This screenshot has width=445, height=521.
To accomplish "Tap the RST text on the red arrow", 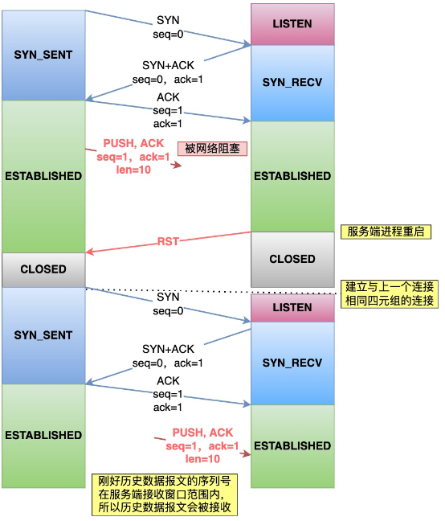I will (x=169, y=240).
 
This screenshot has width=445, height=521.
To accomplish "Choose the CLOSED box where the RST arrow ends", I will (x=43, y=269).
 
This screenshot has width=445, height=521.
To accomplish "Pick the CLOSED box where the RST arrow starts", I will (x=292, y=259).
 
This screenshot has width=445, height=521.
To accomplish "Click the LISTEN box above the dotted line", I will (x=292, y=24).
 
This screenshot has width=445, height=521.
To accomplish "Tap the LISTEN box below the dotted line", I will (x=292, y=308).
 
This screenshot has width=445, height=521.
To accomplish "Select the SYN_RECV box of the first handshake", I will (x=292, y=83).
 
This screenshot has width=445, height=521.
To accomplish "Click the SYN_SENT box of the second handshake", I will (x=43, y=335).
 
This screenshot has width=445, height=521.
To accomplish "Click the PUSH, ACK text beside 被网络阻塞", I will (x=133, y=143).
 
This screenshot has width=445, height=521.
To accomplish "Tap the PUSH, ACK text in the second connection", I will (x=202, y=433).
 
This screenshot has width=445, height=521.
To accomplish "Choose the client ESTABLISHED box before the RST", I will (x=43, y=175).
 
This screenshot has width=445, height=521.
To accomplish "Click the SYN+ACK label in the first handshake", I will (x=168, y=66).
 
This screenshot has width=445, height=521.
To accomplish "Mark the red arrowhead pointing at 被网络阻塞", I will (x=174, y=164).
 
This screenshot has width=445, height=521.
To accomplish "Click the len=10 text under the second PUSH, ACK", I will (x=202, y=458).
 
